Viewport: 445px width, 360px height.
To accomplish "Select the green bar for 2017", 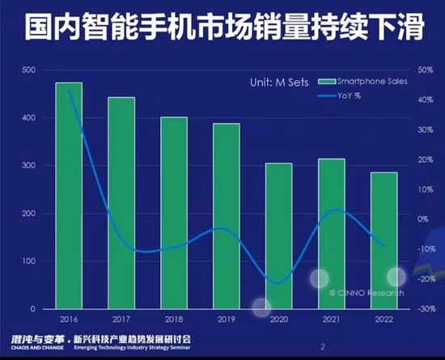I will (121, 203).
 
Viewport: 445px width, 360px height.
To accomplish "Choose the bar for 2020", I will (279, 235).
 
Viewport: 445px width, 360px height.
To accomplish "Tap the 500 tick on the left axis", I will (28, 70).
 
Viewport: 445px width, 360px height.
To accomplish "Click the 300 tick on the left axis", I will (28, 166).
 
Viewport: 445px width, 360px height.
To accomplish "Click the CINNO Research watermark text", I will (366, 293).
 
